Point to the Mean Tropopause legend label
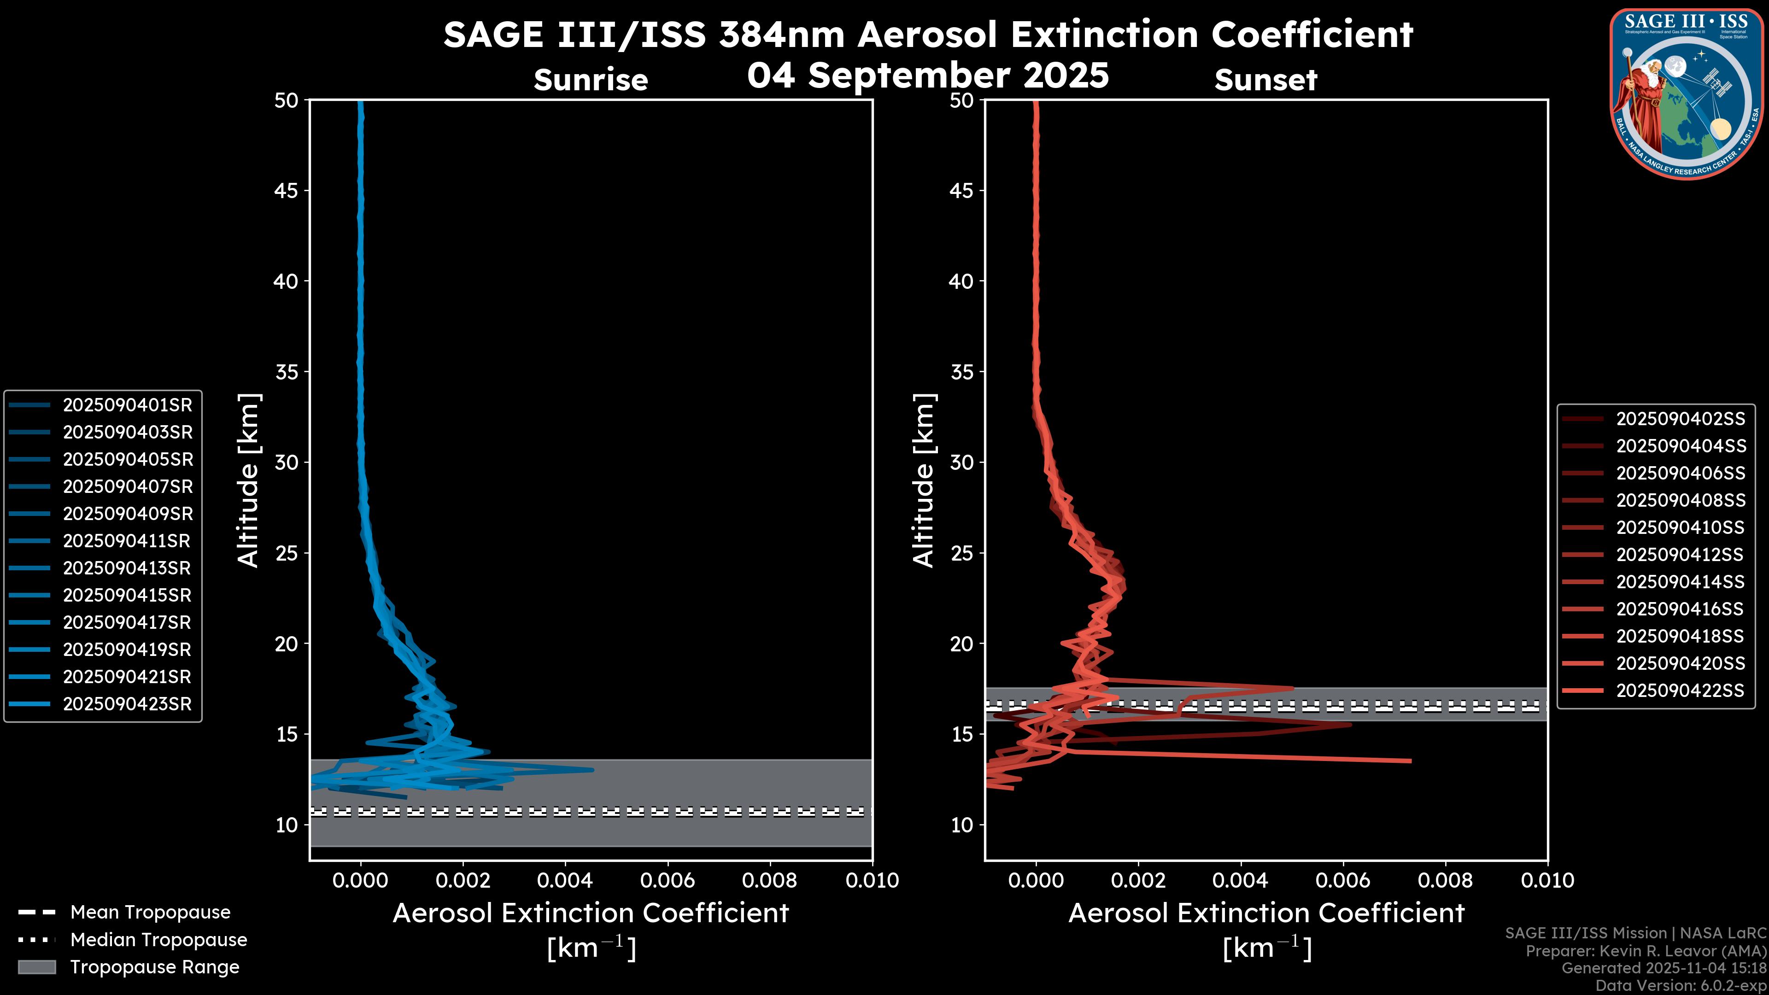(150, 913)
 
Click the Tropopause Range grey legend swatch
(36, 967)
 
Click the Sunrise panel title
(591, 80)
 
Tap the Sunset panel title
(1265, 80)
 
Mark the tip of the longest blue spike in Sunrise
(592, 770)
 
